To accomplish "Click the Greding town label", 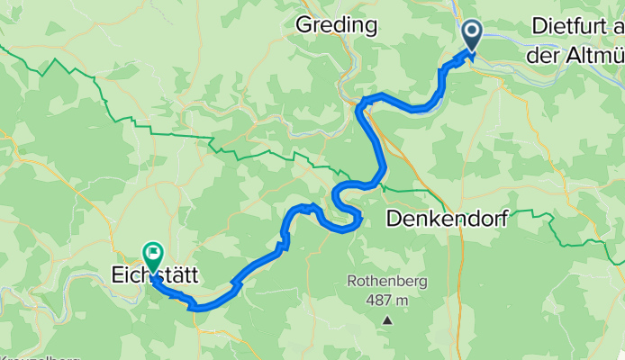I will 336,25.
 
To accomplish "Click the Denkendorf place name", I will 448,218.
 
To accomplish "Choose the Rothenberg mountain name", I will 387,282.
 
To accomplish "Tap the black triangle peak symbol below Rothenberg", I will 387,319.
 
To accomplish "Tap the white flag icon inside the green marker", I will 152,252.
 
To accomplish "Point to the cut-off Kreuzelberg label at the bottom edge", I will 36,356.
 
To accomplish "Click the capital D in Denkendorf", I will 393,218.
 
